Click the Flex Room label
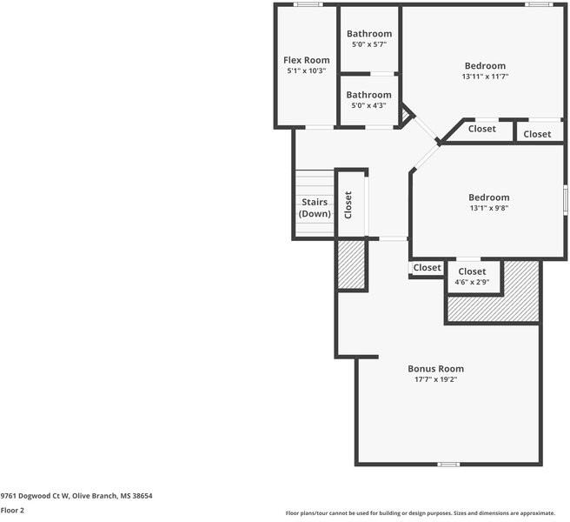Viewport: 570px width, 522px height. tap(307, 60)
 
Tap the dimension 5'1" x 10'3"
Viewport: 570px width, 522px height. tap(307, 70)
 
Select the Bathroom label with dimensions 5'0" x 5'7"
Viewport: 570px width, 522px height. tap(368, 34)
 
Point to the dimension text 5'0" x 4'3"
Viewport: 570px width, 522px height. tap(368, 105)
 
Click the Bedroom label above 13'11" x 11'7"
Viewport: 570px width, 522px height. tap(485, 66)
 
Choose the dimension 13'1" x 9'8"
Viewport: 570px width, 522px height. tap(488, 208)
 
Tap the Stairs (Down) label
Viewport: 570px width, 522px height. tap(314, 207)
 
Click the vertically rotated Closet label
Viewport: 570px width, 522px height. tap(349, 204)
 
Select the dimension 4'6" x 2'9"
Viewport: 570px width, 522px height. tap(473, 282)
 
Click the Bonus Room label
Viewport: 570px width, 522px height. tap(436, 368)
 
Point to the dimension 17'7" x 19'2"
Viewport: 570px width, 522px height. tap(436, 379)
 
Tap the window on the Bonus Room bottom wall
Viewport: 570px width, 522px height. tap(448, 464)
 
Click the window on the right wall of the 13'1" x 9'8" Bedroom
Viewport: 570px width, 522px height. tap(565, 199)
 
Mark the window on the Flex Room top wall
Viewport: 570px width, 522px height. tap(307, 4)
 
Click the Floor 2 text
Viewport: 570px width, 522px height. tap(12, 511)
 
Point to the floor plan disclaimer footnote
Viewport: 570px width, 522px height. tap(425, 513)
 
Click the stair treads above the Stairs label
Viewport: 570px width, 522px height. tap(314, 183)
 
